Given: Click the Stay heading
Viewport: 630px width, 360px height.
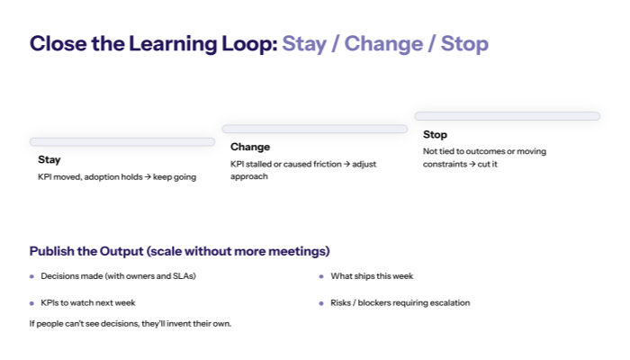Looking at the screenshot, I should [49, 159].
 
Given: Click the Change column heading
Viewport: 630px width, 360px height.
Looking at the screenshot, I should [249, 147].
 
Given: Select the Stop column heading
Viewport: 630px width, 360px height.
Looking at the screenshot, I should [435, 134].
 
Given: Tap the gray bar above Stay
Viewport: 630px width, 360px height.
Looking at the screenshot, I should [121, 141].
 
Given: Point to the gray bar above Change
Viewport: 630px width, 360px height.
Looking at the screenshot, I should [314, 129].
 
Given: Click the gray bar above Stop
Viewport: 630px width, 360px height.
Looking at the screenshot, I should [507, 116].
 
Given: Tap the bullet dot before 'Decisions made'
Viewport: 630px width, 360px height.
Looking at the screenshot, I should [31, 276].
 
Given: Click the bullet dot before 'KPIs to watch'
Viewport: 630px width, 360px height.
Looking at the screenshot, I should [31, 303].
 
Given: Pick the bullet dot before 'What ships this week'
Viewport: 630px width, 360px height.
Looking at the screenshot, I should [321, 276].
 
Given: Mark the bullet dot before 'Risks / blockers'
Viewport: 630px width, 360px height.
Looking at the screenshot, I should [321, 303].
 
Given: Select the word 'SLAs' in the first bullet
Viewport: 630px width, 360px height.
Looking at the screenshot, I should [183, 276].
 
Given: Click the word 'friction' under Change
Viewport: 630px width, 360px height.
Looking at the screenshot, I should [319, 164].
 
